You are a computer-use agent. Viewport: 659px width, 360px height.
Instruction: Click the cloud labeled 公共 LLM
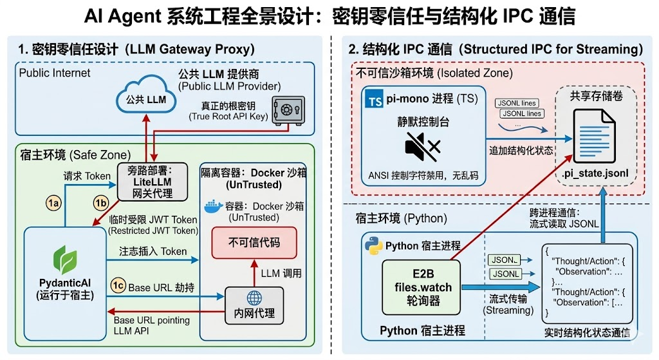(x=146, y=99)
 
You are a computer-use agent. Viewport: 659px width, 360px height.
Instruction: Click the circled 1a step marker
(x=53, y=204)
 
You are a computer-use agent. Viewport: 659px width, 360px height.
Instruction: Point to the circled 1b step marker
(x=100, y=204)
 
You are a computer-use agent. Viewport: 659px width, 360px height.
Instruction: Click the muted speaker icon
(x=422, y=147)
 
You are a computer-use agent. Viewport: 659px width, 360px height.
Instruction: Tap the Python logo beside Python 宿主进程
(x=373, y=246)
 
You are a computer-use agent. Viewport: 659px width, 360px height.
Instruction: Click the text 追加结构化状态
(x=521, y=150)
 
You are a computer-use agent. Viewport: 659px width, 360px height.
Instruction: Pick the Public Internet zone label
(x=55, y=73)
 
